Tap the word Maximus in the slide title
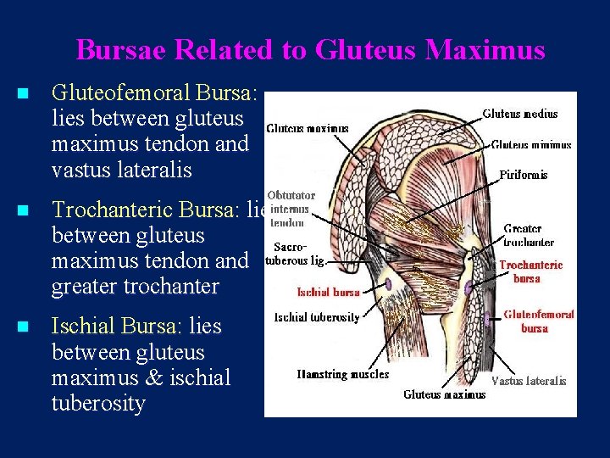click(x=485, y=50)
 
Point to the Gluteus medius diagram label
click(x=520, y=114)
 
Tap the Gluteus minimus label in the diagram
click(x=531, y=145)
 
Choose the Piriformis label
click(x=523, y=175)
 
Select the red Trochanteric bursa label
click(x=531, y=271)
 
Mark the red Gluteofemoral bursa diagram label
click(x=539, y=321)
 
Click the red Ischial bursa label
click(x=329, y=293)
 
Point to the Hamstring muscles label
click(x=343, y=374)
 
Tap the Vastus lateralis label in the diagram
click(x=529, y=382)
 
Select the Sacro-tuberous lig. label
click(x=295, y=254)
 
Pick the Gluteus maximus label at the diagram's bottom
click(x=445, y=394)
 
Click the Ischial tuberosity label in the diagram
click(x=317, y=318)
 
